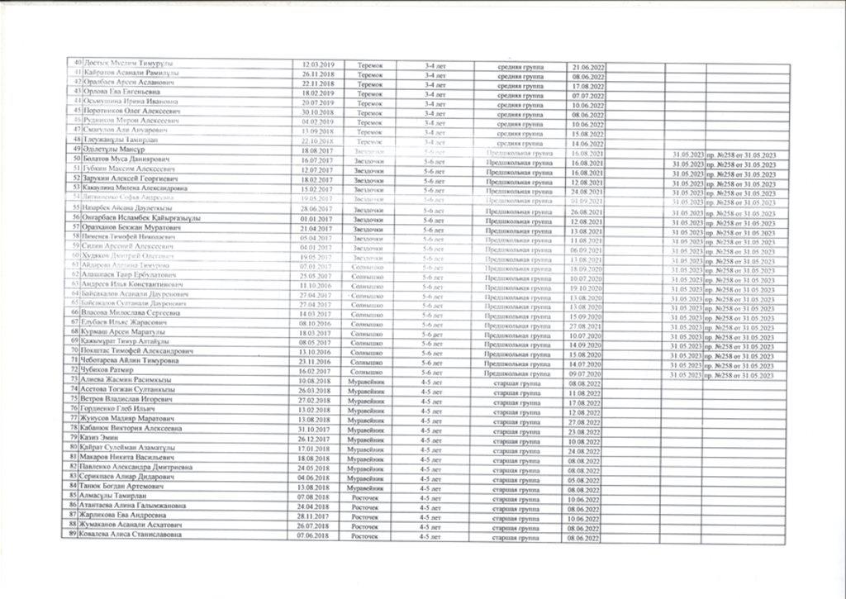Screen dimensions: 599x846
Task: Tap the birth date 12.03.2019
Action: tap(316, 64)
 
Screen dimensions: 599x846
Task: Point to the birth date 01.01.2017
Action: tap(316, 217)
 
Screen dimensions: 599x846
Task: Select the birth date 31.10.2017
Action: tap(316, 429)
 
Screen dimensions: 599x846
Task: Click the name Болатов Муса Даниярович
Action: tap(124, 159)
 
